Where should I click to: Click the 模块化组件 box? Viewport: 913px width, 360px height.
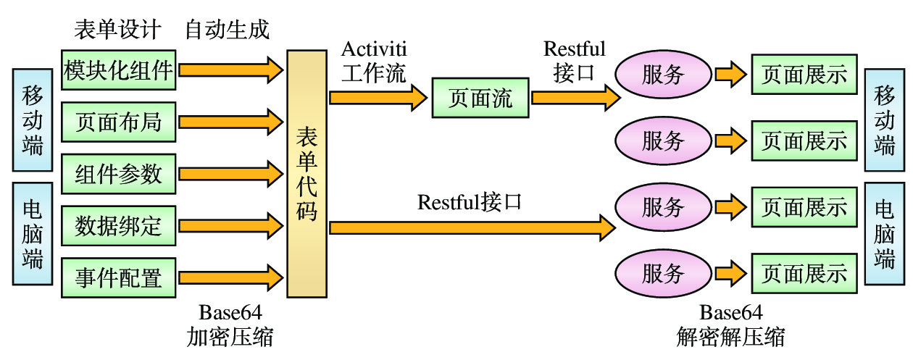pos(118,70)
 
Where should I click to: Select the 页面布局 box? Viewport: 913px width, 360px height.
pos(118,122)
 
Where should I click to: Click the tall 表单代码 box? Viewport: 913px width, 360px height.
pos(307,174)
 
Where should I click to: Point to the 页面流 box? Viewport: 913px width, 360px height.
pos(480,98)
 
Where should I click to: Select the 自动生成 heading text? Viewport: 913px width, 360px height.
pos(227,30)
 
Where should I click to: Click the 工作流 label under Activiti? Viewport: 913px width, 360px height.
pos(375,73)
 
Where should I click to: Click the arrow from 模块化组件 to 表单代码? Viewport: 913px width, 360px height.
pos(231,70)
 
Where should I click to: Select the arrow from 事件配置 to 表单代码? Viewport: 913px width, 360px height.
pos(231,277)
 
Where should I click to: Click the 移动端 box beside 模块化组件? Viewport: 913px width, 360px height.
pos(33,119)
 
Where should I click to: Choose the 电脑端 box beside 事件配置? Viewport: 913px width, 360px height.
pos(33,235)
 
